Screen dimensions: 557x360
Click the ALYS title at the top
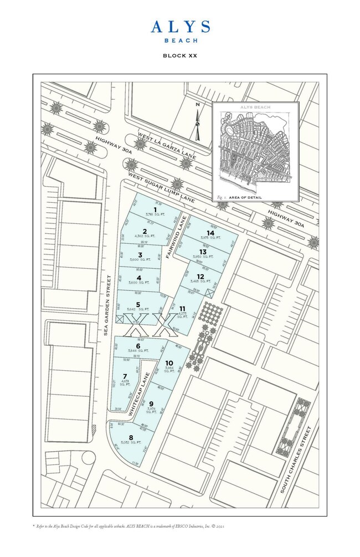point(180,27)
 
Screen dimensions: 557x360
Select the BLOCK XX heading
point(179,55)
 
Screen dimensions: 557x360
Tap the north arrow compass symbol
point(197,122)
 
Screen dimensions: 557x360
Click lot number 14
point(210,233)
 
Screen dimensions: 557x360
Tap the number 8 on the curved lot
point(131,437)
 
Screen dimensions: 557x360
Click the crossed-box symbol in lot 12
point(209,292)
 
